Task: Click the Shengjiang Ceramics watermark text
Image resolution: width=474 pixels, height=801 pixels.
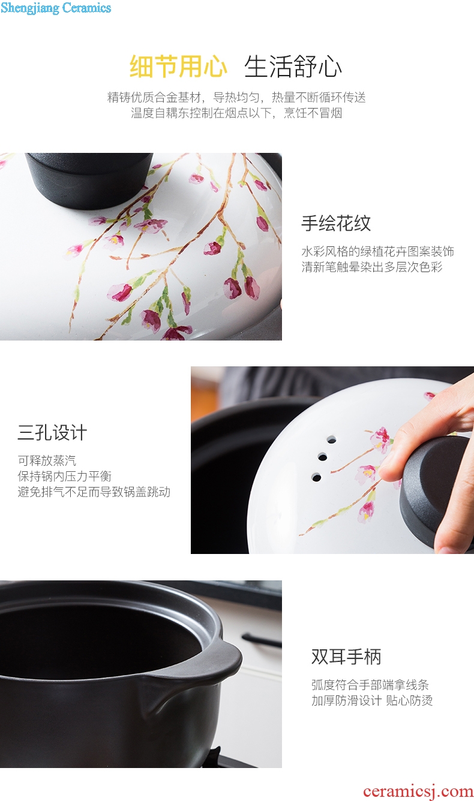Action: (x=56, y=8)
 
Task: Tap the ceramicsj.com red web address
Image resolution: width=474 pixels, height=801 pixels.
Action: (x=418, y=791)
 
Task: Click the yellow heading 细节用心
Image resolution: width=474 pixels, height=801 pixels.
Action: (x=179, y=67)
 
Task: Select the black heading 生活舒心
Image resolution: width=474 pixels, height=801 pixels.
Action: (x=293, y=67)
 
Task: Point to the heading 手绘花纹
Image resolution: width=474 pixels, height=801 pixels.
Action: (x=336, y=223)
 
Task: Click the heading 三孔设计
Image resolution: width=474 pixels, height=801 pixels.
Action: (x=52, y=432)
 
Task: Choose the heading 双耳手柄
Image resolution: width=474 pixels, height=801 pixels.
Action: (x=346, y=657)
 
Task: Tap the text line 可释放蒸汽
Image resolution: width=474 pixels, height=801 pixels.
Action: (x=47, y=460)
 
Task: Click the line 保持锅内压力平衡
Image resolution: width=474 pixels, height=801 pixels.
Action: (x=65, y=476)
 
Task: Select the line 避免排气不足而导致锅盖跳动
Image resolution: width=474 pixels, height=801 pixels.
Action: (x=94, y=492)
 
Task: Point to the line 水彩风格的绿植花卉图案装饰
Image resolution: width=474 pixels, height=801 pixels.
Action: (x=378, y=251)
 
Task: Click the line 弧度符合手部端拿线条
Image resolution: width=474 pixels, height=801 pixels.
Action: (x=370, y=685)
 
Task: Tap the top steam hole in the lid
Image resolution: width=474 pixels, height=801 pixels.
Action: (x=332, y=440)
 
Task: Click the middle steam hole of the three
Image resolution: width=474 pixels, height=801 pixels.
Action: (x=323, y=457)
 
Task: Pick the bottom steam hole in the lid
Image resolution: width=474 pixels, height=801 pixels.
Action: (x=316, y=477)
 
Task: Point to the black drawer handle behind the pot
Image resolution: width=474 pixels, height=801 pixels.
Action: (x=262, y=640)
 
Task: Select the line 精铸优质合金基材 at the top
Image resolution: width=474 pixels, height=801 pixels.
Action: (x=154, y=97)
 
